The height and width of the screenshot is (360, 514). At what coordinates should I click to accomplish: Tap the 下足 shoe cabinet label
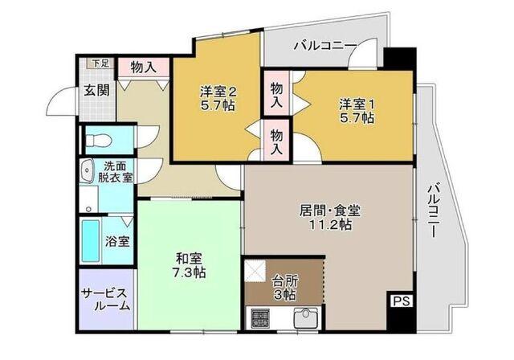(x=99, y=63)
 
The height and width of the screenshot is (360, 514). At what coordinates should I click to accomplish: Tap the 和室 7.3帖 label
(x=191, y=266)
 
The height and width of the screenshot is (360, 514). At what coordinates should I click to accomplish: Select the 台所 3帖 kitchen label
(x=284, y=288)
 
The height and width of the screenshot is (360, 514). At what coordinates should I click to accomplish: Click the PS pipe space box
(x=399, y=301)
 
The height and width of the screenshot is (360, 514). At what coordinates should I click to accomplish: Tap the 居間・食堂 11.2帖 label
(x=330, y=218)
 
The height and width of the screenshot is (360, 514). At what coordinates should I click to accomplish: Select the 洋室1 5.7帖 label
(x=355, y=111)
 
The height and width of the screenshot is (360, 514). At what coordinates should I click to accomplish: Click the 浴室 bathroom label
(x=118, y=241)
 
